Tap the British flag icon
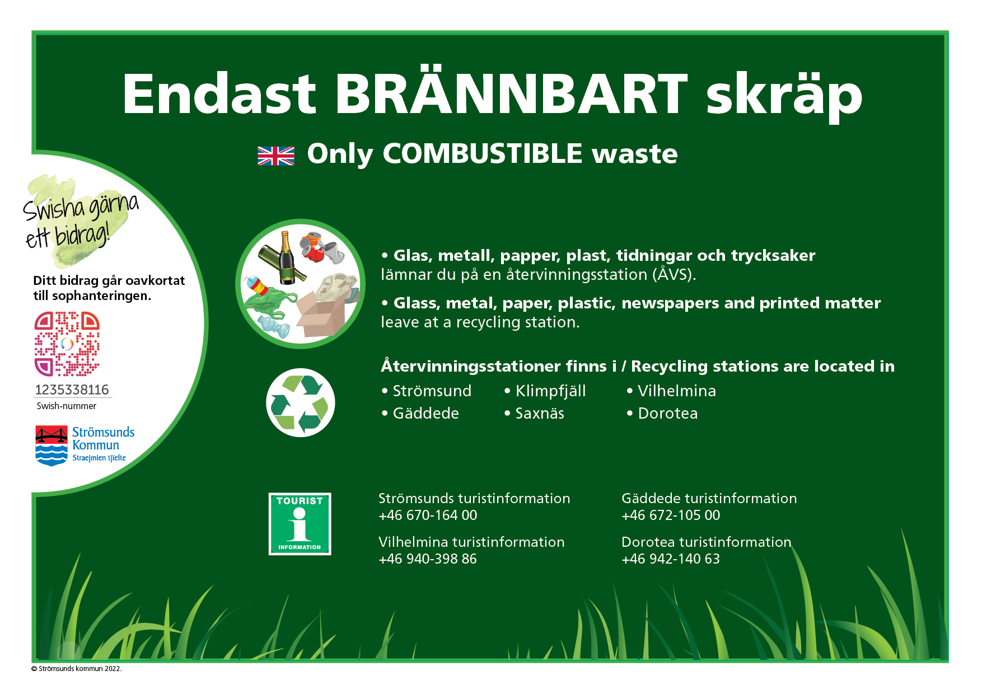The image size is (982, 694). pos(276,156)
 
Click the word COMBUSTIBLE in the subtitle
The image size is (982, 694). pos(483,153)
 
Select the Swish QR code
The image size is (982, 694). pos(67,344)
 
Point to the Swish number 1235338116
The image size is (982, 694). pos(72,390)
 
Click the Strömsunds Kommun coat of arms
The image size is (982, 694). pos(52,446)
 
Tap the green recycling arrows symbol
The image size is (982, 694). pos(301,402)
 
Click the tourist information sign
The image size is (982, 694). pos(300,524)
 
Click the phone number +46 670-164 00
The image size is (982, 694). pos(428,515)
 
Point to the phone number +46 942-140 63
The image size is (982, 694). pos(671,559)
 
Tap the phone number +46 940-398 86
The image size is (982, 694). pos(428,559)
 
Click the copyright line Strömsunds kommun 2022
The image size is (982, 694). pos(77,669)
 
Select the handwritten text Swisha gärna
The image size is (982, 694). pos(81,206)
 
